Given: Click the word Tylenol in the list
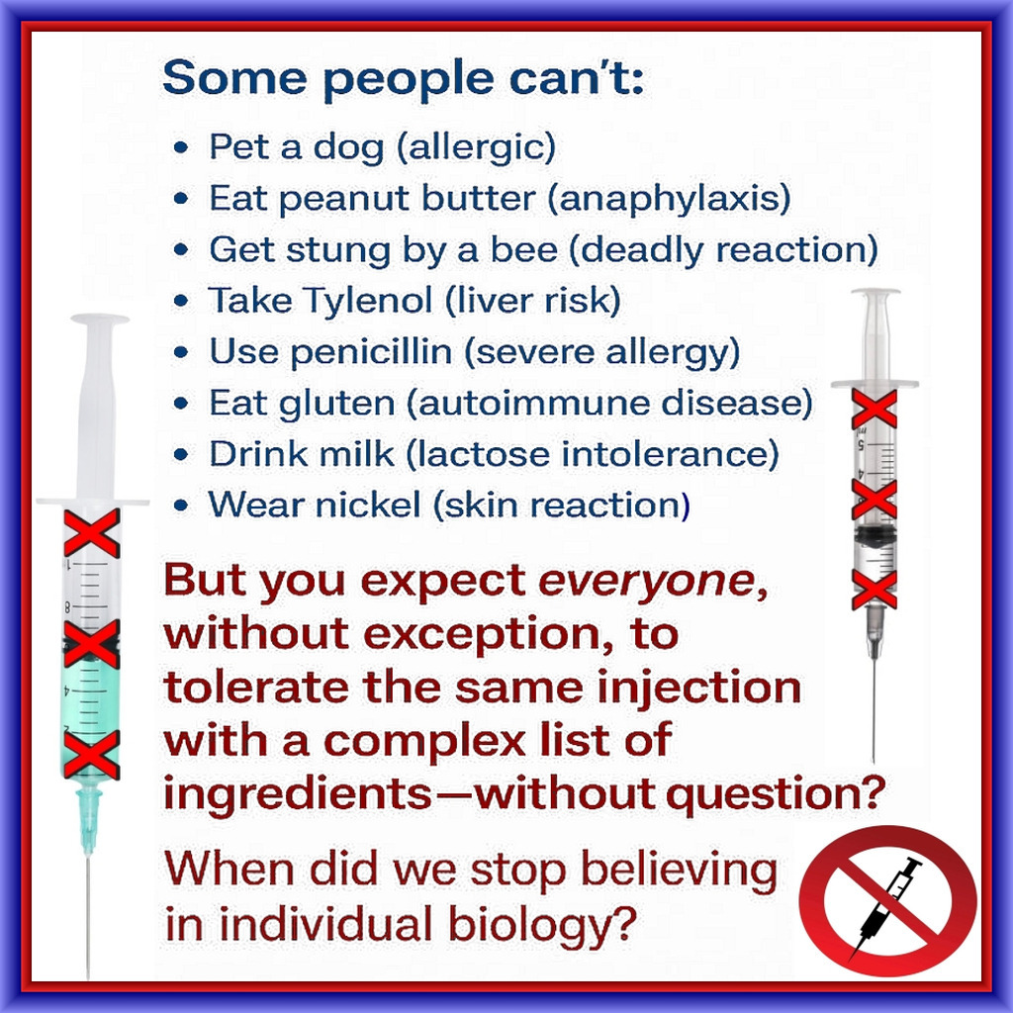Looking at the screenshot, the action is (367, 301).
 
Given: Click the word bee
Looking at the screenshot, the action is (523, 249).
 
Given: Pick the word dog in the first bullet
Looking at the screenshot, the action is (349, 148).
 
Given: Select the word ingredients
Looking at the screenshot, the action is (298, 795).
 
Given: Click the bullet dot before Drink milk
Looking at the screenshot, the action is (182, 455).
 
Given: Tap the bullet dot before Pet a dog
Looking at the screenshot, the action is (182, 148).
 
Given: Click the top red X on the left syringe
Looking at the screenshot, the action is (92, 533).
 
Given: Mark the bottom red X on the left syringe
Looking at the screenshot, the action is (91, 755).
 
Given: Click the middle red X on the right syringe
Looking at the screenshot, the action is (875, 500).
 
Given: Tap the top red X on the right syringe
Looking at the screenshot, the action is (875, 409).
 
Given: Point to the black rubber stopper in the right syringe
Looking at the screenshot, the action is (875, 534).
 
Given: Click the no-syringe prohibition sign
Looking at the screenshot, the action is (887, 899).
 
